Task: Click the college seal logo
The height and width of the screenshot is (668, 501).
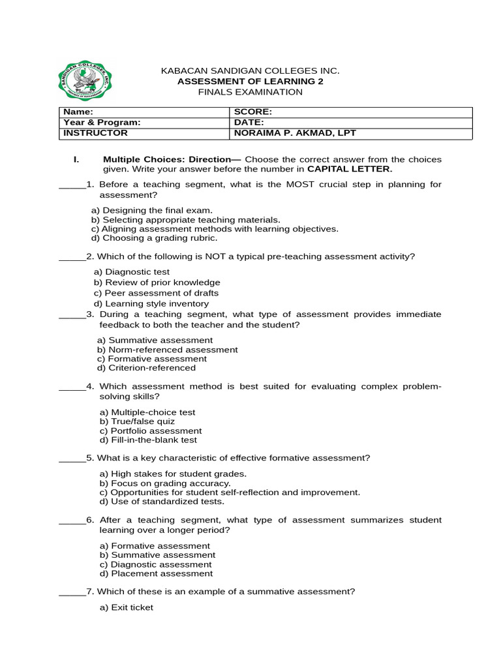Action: tap(85, 82)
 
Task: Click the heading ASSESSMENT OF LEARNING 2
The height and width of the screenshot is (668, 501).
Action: tap(250, 82)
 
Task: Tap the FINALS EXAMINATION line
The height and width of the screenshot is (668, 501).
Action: tap(250, 92)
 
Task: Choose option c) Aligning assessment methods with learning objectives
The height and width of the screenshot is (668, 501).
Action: tap(215, 229)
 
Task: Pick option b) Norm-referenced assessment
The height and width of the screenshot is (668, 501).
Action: tap(168, 350)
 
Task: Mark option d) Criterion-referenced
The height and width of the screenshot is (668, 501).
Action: tap(146, 368)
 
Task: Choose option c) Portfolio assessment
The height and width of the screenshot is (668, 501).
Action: tap(151, 431)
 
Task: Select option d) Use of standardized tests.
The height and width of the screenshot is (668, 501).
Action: tap(162, 502)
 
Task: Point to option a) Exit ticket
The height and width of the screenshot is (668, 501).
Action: tap(127, 607)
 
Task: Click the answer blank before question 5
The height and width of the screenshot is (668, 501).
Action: tap(72, 458)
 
